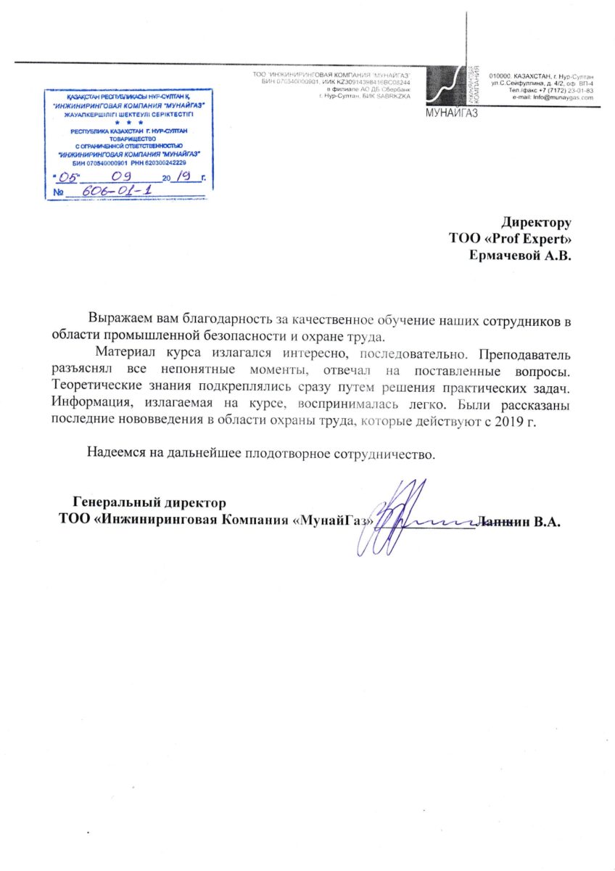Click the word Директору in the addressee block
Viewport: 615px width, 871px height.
[x=537, y=223]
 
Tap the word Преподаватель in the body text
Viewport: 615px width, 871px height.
[x=525, y=355]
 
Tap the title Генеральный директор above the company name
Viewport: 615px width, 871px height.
[x=149, y=502]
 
